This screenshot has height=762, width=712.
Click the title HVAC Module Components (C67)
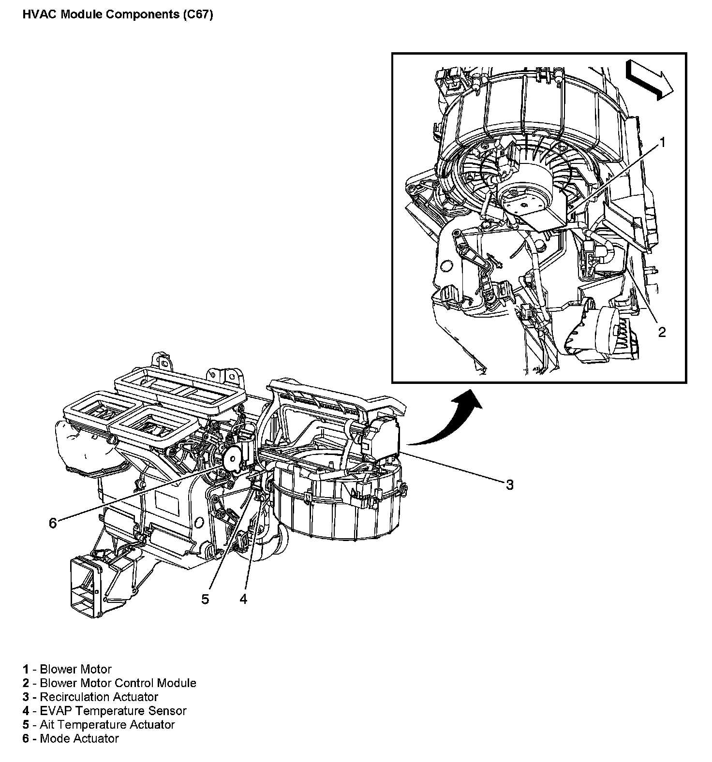[118, 14]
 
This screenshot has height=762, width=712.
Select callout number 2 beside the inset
[662, 332]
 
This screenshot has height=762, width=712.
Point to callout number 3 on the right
[509, 484]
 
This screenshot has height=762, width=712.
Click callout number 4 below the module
[243, 599]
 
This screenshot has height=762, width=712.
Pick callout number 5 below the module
[206, 599]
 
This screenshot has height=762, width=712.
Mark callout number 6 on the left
[53, 523]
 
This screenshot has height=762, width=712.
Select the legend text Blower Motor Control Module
[118, 683]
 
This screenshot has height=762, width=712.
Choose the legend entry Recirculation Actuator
[99, 697]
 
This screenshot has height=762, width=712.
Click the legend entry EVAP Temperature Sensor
[113, 711]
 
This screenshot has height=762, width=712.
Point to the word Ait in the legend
[47, 725]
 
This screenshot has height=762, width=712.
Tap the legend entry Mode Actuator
[79, 738]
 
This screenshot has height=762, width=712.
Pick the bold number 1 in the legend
[25, 670]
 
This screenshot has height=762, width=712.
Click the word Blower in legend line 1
[58, 670]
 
